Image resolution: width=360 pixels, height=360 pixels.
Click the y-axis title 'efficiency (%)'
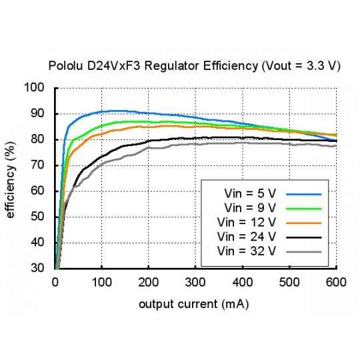(11, 178)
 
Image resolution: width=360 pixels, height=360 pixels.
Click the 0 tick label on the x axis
(55, 282)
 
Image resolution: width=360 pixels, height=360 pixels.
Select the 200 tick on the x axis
(149, 282)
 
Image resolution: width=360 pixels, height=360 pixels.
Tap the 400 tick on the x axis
(242, 282)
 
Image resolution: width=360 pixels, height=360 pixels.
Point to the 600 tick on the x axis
(335, 282)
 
